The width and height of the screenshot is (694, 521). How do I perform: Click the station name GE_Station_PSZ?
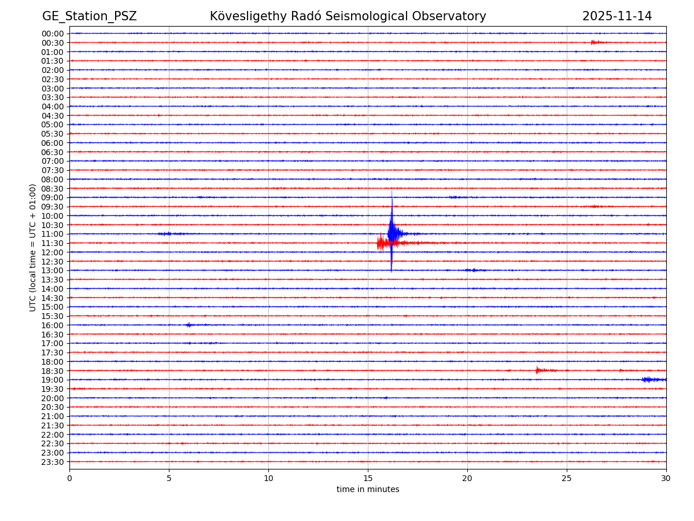coord(89,16)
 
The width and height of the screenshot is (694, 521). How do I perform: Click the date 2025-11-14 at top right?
coord(617,16)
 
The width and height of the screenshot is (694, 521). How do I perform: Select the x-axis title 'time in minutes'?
coord(368,490)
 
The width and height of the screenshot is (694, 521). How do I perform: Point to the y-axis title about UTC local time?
coord(33,247)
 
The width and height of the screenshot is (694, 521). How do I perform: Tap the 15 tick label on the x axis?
coord(368,478)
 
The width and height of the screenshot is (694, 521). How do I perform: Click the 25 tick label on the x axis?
coord(567,478)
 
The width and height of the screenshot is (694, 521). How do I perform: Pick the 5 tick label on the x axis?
coord(169,478)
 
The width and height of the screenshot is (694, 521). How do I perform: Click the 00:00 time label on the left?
coord(53,34)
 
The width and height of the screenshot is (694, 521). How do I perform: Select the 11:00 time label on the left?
coord(53,234)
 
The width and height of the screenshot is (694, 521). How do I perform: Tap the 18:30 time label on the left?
coord(53,370)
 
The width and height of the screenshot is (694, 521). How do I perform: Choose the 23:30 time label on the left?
coord(53,462)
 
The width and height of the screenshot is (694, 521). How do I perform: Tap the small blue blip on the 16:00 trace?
coord(189,325)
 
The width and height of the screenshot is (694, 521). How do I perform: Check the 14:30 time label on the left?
coord(53,298)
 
